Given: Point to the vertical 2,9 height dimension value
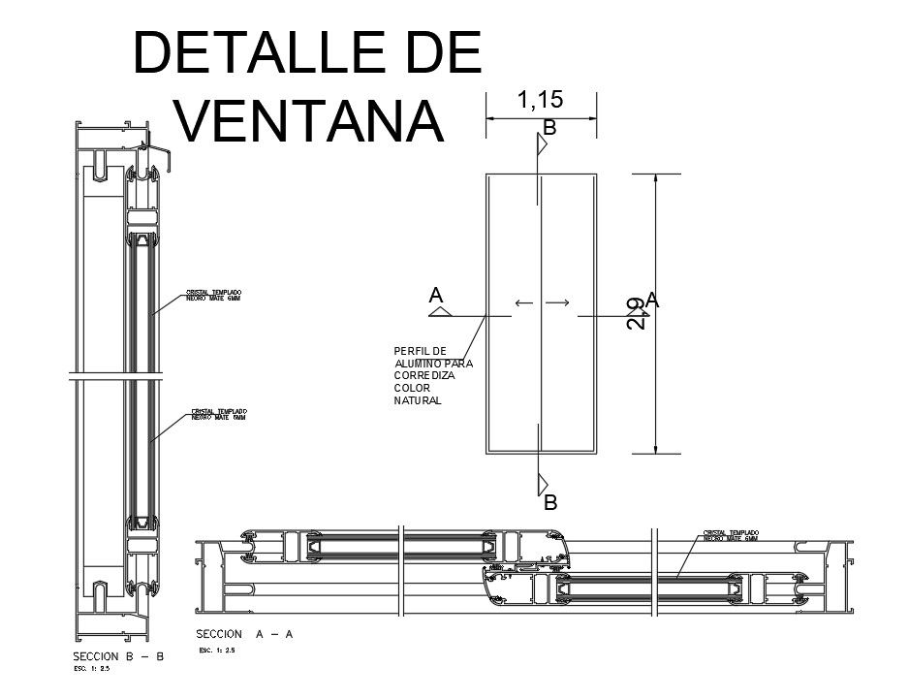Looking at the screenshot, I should tap(634, 313).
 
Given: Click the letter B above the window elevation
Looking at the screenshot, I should tap(549, 128).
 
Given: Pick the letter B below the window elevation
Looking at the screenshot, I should tap(549, 503).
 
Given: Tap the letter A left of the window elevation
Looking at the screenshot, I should tap(437, 294).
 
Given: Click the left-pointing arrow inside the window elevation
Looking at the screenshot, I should tap(524, 303).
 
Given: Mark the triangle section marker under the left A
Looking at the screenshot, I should tap(441, 312).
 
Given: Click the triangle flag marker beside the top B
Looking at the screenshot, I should tap(544, 143).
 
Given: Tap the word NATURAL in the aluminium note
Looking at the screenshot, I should tap(418, 400).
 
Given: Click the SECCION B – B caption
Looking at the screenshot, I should tap(119, 656).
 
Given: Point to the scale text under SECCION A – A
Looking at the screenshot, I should tap(217, 651).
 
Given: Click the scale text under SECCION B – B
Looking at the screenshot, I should tap(94, 669).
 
